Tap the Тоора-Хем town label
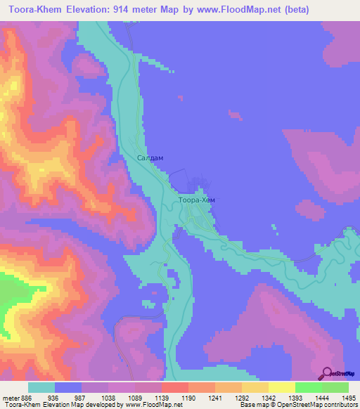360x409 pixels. pyautogui.click(x=197, y=200)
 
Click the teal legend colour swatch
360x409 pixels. pyautogui.click(x=41, y=387)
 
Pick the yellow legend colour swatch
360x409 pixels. pyautogui.click(x=281, y=387)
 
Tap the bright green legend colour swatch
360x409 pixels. pyautogui.click(x=308, y=387)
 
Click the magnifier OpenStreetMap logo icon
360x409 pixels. pyautogui.click(x=326, y=373)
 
